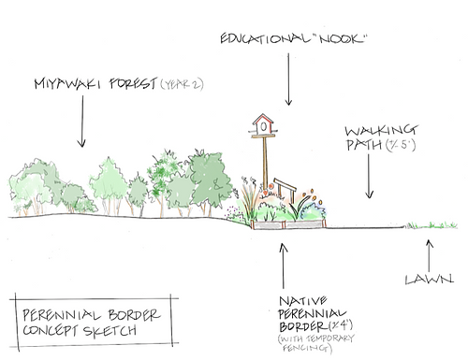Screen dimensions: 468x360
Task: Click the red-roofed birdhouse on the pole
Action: pos(263,122)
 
